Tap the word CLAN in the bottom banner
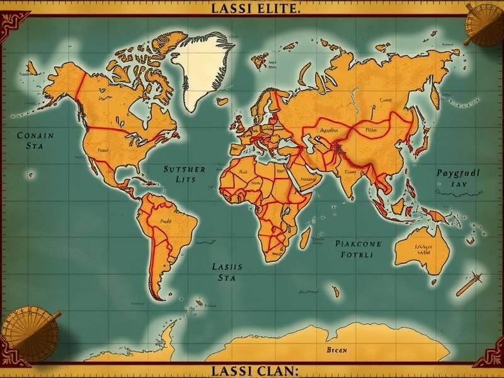point(269,370)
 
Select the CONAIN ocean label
point(35,135)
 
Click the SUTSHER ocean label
point(184,169)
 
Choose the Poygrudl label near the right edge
point(457,172)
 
